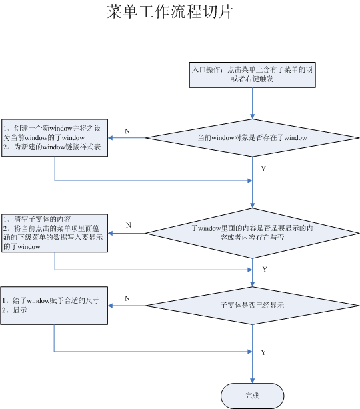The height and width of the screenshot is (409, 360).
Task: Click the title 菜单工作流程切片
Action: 170,12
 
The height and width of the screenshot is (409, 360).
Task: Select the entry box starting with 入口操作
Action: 253,75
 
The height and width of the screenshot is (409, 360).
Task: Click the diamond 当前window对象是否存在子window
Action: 253,138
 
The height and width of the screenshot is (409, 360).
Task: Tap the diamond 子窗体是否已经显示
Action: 253,306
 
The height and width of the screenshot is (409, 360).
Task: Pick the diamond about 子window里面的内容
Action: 253,233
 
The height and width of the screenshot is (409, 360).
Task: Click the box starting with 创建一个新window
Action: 55,138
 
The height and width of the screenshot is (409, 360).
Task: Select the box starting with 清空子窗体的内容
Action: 55,233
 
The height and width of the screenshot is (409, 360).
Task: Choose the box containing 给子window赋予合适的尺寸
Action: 54,306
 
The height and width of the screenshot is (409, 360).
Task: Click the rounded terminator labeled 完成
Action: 253,396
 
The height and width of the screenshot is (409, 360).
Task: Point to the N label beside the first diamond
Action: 127,131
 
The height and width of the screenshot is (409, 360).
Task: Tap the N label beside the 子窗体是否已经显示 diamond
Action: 127,298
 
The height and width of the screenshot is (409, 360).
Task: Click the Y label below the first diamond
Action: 263,169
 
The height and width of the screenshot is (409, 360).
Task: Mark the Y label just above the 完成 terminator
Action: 263,352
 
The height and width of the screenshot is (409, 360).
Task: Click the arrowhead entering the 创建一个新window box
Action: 110,138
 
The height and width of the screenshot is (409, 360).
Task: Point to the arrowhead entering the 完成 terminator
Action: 253,381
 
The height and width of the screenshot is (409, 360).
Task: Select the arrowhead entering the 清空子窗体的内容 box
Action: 110,233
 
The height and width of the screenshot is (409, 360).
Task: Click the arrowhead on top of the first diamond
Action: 253,117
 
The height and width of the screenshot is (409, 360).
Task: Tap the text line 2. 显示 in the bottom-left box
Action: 15,310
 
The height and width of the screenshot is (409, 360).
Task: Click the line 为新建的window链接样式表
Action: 52,147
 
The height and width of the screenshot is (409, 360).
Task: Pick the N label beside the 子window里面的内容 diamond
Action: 129,225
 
